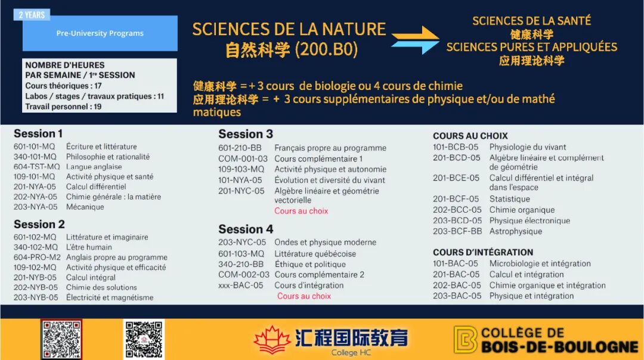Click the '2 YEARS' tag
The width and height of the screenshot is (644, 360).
32,15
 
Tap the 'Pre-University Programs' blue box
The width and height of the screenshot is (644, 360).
100,33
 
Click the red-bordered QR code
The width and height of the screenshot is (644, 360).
61,339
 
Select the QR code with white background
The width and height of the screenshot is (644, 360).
144,339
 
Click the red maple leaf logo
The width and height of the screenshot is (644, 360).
271,340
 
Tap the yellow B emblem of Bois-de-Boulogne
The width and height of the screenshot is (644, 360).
465,340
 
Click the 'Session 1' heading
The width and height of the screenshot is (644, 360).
38,134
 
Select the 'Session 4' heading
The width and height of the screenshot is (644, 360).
246,229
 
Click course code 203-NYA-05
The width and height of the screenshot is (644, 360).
35,207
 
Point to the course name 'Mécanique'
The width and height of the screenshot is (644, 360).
85,207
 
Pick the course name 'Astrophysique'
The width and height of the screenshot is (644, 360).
515,231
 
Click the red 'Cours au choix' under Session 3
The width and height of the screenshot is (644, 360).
301,211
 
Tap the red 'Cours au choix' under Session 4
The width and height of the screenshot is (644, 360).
304,296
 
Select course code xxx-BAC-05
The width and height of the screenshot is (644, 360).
241,285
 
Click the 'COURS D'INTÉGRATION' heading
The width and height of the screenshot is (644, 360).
483,253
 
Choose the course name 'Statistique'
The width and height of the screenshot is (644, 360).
509,199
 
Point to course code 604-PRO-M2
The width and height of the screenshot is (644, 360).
37,257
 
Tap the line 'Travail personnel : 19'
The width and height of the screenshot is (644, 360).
63,107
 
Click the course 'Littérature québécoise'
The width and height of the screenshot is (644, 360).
315,254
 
